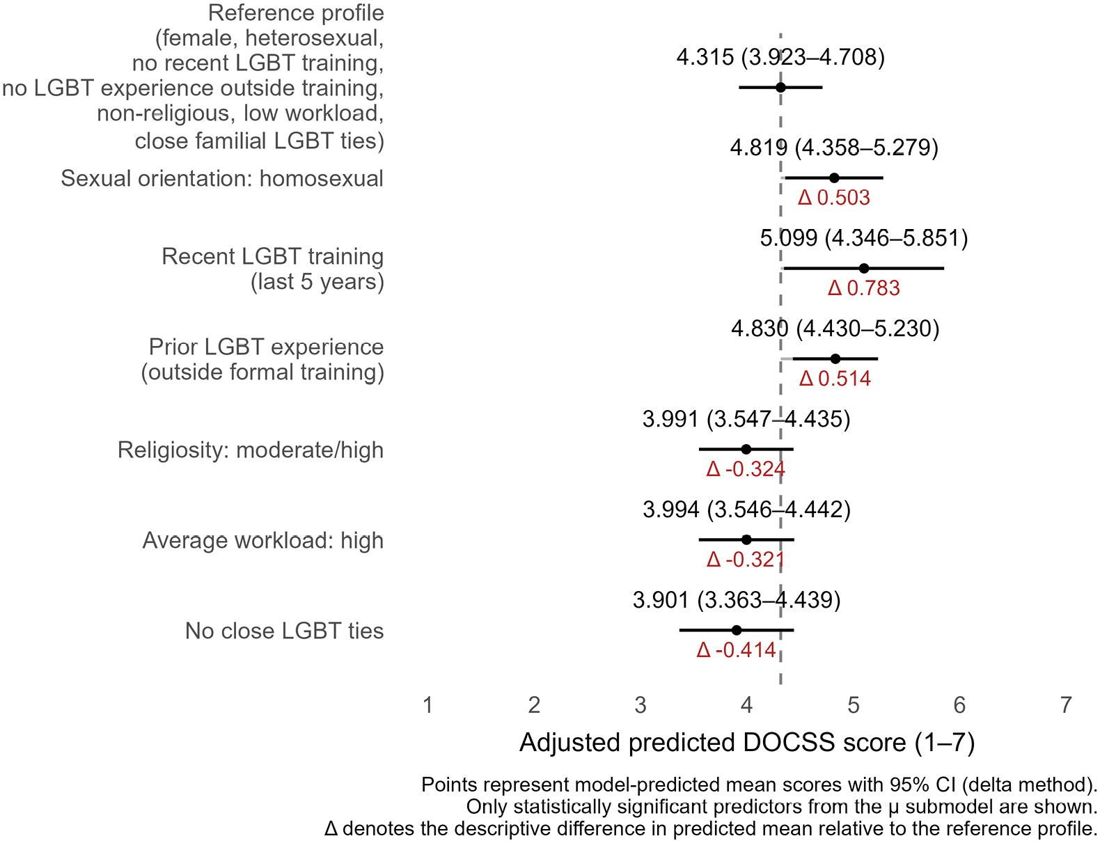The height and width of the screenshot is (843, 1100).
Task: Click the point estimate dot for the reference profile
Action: pos(780,88)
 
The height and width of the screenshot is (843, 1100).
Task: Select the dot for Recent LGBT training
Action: pos(864,269)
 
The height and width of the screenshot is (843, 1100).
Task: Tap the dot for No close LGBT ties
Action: pos(737,631)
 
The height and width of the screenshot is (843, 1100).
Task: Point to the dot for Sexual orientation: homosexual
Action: pos(834,178)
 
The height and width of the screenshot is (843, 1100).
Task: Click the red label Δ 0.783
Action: pos(863,288)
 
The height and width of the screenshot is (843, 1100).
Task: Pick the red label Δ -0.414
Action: pos(736,650)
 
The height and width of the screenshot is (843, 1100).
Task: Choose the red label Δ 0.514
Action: pos(835,379)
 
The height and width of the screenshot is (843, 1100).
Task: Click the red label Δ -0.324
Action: pos(746,469)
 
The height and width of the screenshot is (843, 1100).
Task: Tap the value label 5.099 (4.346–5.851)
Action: pos(864,238)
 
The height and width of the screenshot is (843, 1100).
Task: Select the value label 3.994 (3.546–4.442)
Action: pos(746,510)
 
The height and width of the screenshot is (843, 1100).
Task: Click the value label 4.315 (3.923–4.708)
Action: pos(780,57)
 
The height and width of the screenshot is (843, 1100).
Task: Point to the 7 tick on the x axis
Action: pos(1066,705)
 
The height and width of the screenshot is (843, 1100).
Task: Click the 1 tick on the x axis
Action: pos(428,705)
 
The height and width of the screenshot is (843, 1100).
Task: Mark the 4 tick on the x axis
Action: pos(747,705)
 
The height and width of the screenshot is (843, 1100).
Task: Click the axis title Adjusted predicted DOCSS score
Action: pos(747,743)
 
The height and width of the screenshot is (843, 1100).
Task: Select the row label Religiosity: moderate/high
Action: pos(251,450)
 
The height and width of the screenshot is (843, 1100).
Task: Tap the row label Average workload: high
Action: pos(263,540)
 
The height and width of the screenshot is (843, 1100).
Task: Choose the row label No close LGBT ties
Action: pos(284,631)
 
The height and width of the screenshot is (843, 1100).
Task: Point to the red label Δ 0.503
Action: pos(834,198)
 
